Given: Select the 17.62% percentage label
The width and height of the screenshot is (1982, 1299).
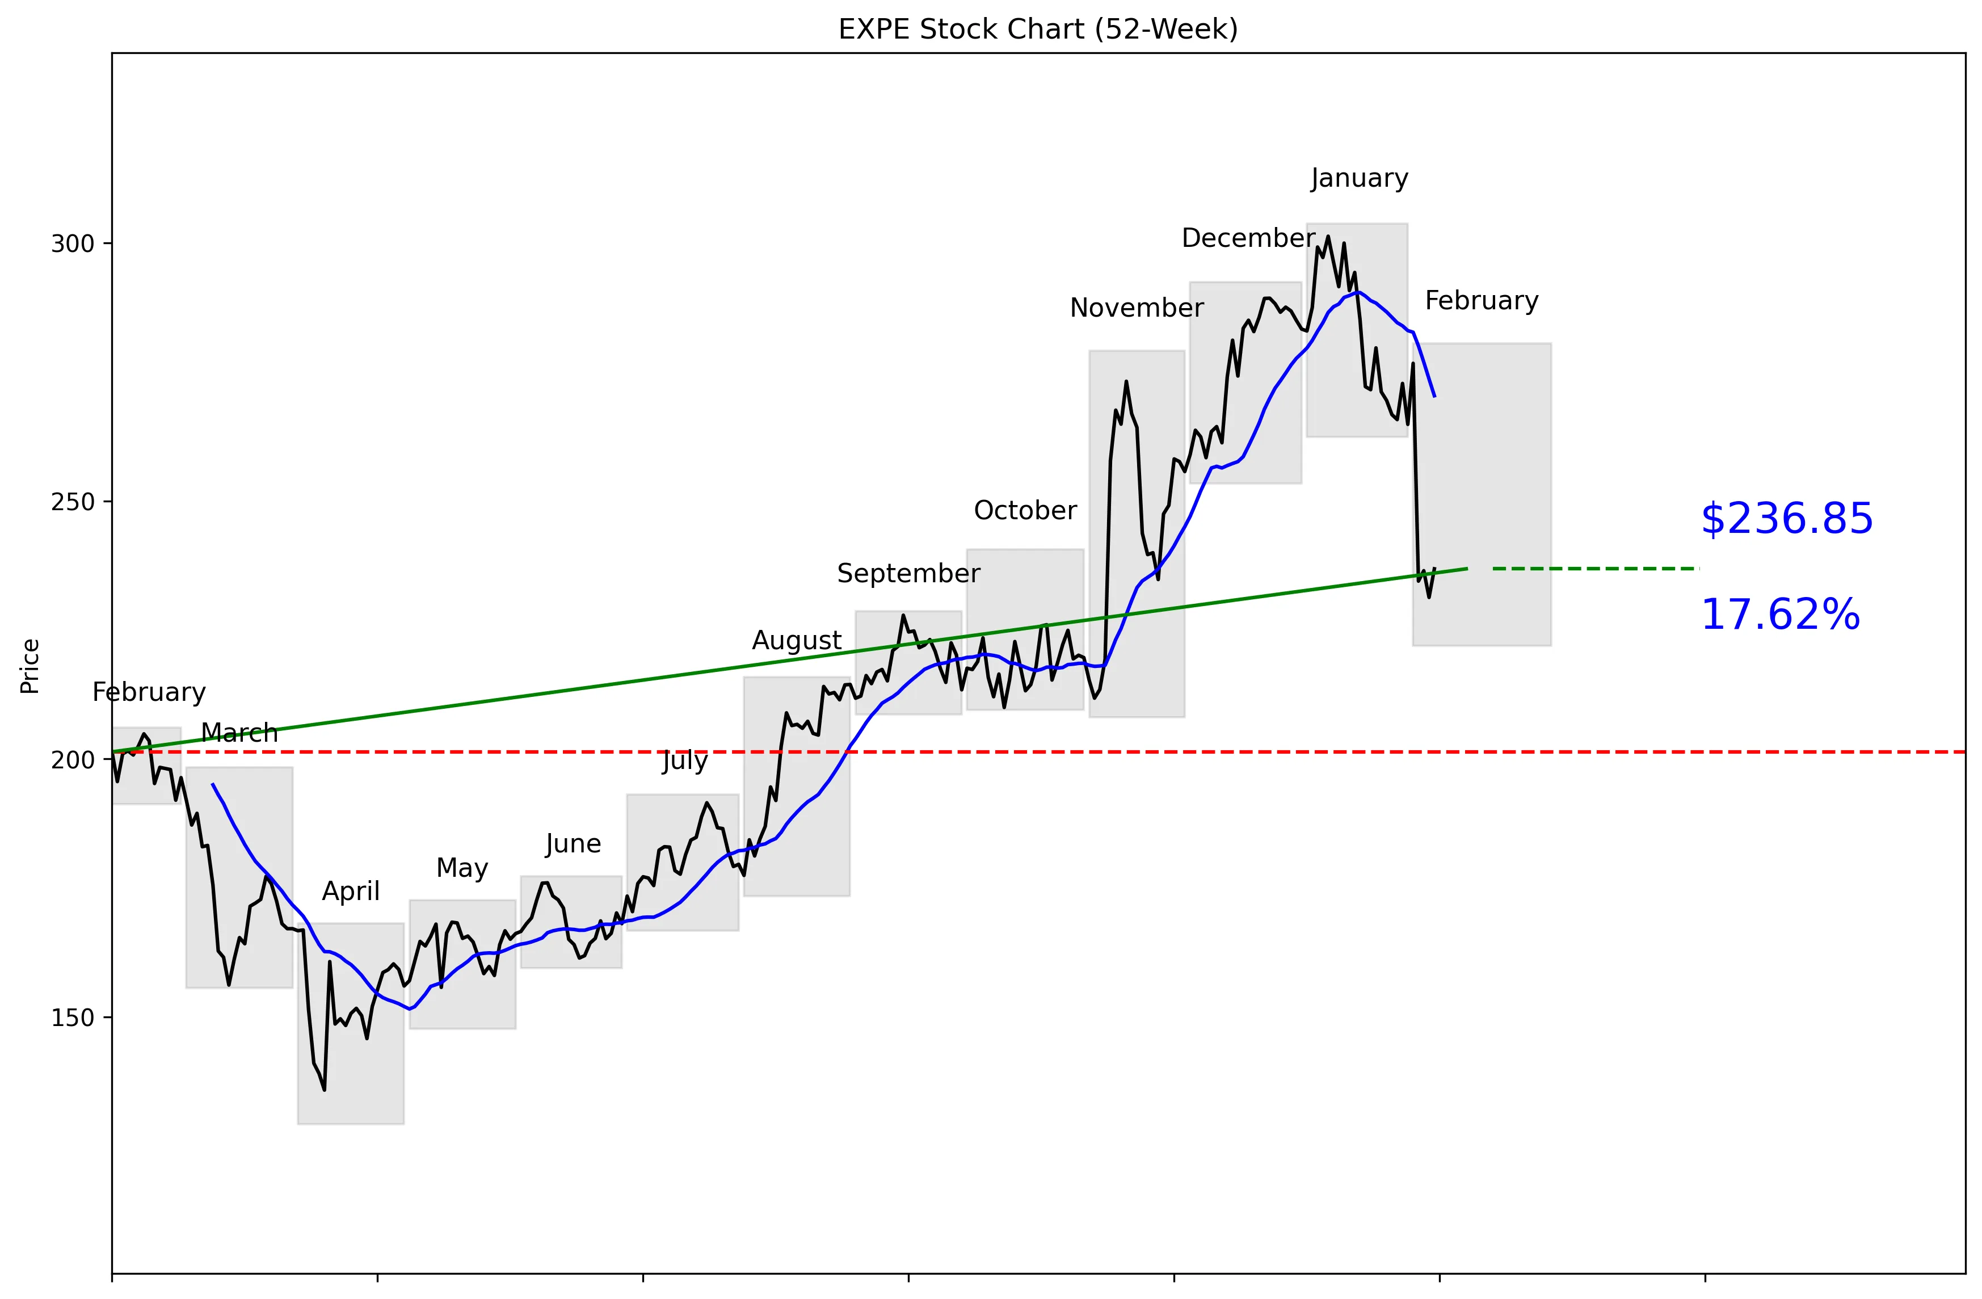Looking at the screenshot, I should pyautogui.click(x=1779, y=615).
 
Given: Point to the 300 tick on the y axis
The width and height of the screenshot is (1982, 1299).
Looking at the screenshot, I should pyautogui.click(x=73, y=244).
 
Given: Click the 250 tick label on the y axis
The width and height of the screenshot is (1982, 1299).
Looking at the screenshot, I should pyautogui.click(x=73, y=502).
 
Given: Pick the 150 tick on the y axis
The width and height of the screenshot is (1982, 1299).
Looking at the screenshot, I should pyautogui.click(x=73, y=1018).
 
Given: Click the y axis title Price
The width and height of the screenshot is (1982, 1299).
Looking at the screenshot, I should pyautogui.click(x=30, y=666).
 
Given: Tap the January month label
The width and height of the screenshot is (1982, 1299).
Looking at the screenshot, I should pyautogui.click(x=1359, y=178).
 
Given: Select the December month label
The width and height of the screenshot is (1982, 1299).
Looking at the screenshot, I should pyautogui.click(x=1248, y=238).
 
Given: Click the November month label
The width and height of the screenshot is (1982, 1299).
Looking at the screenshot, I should pyautogui.click(x=1136, y=308).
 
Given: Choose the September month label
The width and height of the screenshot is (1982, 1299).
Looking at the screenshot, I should pyautogui.click(x=908, y=574).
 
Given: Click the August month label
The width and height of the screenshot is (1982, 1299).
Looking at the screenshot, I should pyautogui.click(x=797, y=640).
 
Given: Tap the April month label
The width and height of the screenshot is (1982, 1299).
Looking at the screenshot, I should pyautogui.click(x=351, y=892).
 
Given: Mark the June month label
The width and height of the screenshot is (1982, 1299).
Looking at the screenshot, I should pyautogui.click(x=573, y=844).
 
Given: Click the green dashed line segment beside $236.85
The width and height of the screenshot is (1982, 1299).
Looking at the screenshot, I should pyautogui.click(x=1595, y=569).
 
